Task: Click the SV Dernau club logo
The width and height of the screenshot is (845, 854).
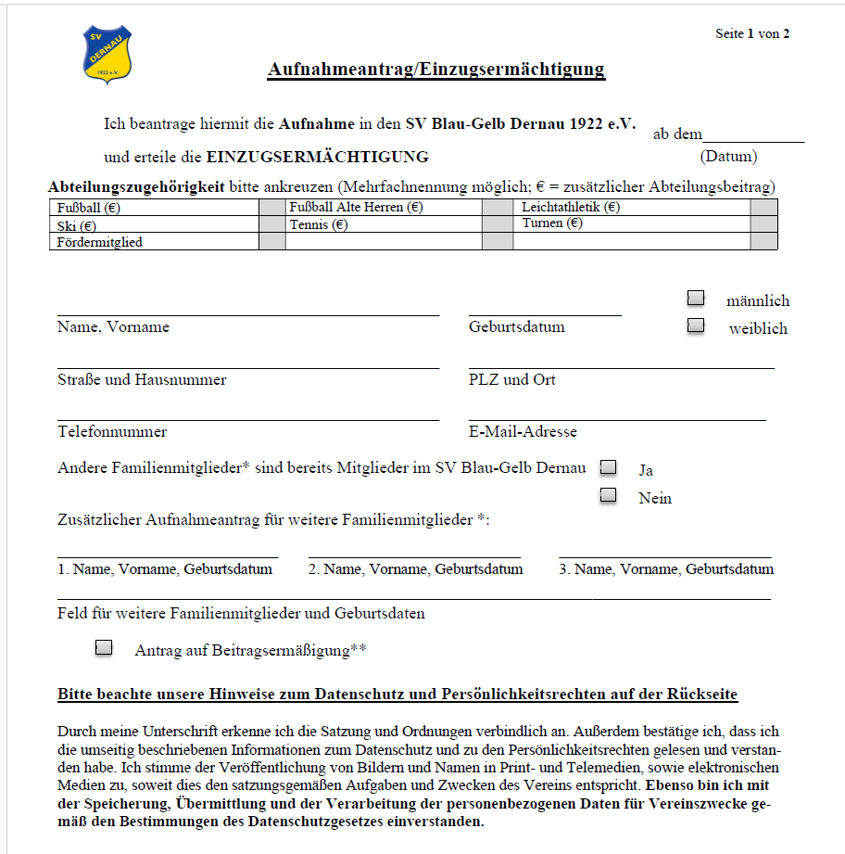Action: pos(107,54)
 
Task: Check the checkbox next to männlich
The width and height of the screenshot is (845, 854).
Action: pos(695,299)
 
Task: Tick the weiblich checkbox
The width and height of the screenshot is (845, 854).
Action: pos(695,326)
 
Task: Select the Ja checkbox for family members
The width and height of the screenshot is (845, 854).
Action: pos(608,467)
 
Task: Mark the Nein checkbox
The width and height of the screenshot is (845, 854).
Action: pos(608,495)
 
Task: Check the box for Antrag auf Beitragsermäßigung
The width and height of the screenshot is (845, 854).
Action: pos(104,647)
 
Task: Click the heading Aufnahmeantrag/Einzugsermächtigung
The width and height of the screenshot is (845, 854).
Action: pos(435,70)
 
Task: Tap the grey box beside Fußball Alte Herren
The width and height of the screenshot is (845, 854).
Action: pos(498,208)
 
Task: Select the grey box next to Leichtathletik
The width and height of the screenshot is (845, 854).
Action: pos(763,208)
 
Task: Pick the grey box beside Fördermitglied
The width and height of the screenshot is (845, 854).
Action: pos(271,241)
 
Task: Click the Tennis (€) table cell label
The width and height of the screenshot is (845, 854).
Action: pos(318,224)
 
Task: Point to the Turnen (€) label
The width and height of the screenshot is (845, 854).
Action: pos(552,223)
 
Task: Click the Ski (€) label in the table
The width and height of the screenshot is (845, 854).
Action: pos(77,225)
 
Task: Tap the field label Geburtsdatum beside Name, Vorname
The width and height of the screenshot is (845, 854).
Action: pos(516,327)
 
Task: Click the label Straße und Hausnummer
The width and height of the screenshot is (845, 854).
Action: pos(142,380)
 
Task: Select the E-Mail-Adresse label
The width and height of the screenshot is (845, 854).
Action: pos(523,432)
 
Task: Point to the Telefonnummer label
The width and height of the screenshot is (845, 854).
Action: pos(112,432)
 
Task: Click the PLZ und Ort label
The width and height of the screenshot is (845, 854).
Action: pos(512,380)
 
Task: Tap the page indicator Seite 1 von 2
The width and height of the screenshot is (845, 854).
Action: pos(752,34)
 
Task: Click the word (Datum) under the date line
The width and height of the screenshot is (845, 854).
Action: pos(728,157)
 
